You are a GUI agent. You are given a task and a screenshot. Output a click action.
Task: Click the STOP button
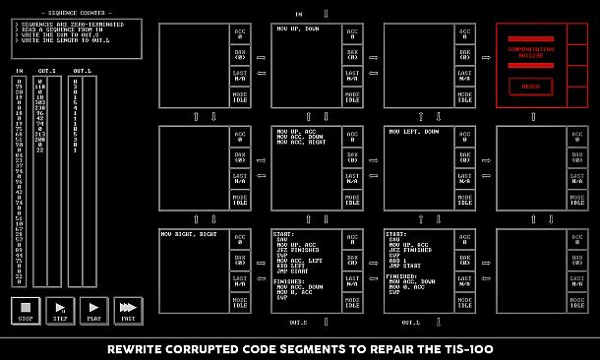(26, 312)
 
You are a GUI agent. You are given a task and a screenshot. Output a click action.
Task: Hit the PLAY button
(93, 312)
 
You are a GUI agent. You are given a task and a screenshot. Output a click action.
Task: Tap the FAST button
(128, 312)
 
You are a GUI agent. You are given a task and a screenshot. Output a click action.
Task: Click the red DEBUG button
(530, 87)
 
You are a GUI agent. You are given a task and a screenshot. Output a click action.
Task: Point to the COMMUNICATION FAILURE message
(530, 51)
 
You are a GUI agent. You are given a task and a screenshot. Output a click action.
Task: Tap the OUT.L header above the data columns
(83, 71)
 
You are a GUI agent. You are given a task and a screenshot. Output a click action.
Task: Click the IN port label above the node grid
(299, 14)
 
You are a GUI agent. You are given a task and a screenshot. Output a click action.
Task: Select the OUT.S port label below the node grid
(299, 322)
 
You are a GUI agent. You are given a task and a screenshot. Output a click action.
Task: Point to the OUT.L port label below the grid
(411, 322)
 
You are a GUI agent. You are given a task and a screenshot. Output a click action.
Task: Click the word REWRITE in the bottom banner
(133, 349)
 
